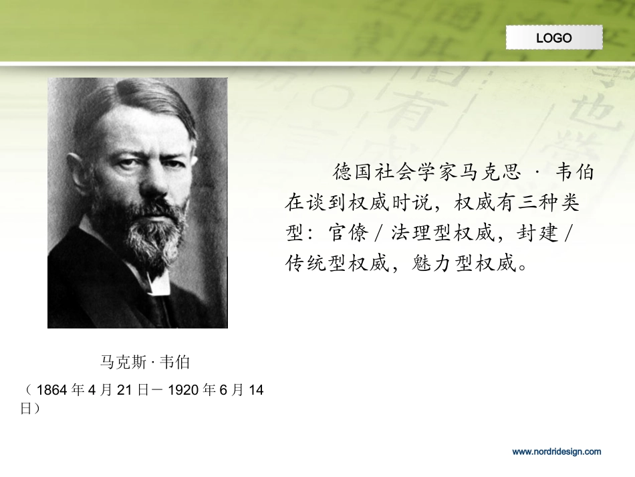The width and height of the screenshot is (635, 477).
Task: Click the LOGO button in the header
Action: coord(554,37)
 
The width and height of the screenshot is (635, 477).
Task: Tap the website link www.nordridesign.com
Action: coord(556,452)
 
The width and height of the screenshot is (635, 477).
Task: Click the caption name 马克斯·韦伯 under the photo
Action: coord(145,363)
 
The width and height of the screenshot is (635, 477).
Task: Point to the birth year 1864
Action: coord(51,391)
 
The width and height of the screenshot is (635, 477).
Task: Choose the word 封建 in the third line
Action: coord(539,234)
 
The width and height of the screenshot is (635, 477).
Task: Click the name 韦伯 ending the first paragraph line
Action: coord(576,173)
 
